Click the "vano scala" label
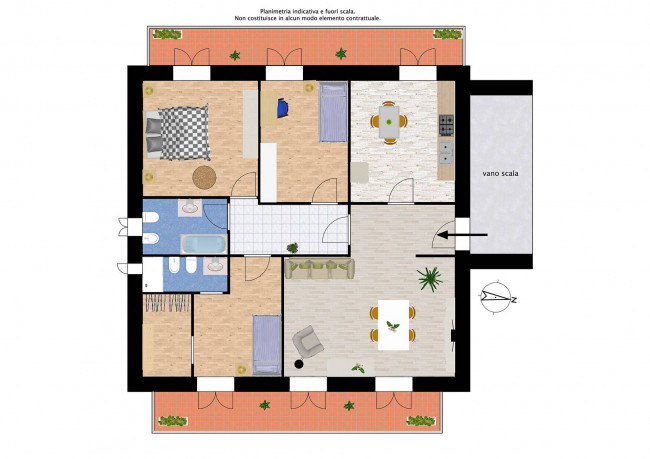tap(500, 173)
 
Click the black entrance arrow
tap(462, 235)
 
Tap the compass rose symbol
tap(497, 296)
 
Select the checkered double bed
tap(177, 133)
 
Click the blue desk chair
tap(282, 108)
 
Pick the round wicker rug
tap(204, 177)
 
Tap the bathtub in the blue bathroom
tap(204, 244)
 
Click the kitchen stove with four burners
tap(446, 125)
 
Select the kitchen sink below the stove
tap(446, 153)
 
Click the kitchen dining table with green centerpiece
tap(389, 122)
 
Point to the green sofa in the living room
tap(320, 268)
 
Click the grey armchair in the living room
tap(308, 342)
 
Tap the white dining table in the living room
tap(393, 325)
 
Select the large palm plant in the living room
tap(430, 279)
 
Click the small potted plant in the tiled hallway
tap(292, 248)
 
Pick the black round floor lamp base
tap(298, 364)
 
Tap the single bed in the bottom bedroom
tap(267, 345)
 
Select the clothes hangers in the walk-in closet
tap(167, 303)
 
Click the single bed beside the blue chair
tap(333, 112)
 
